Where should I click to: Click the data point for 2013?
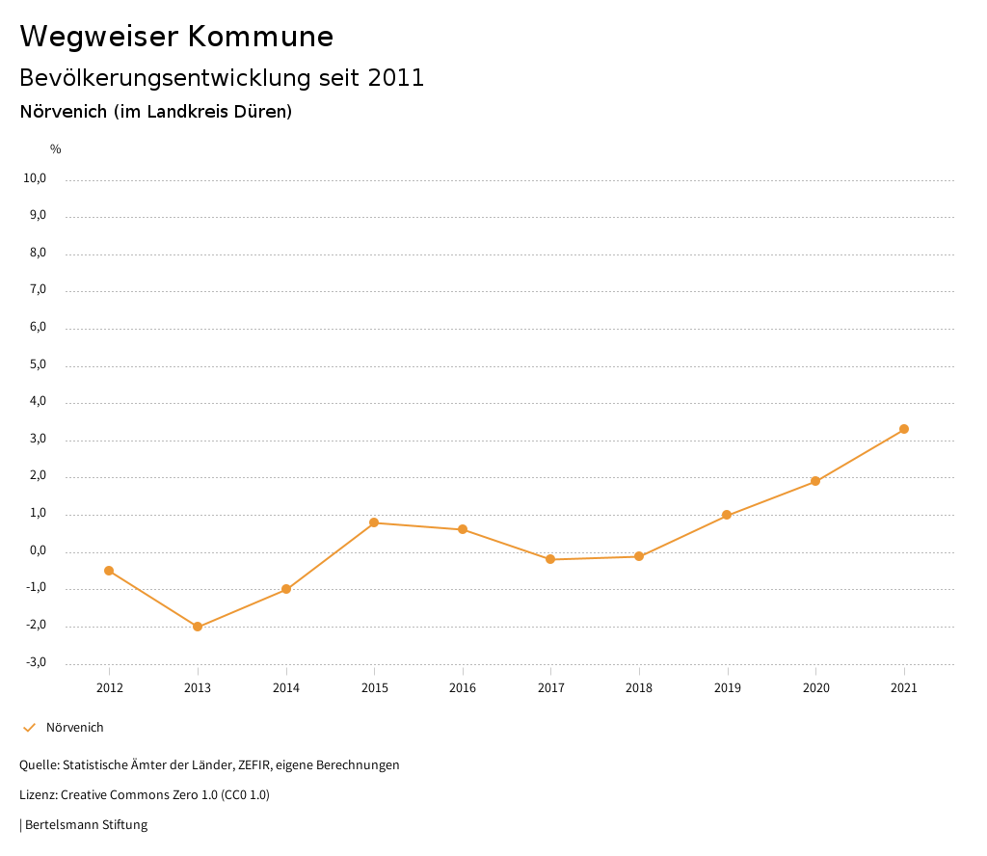click(x=198, y=627)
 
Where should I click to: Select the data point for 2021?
click(x=904, y=429)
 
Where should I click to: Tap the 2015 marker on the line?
click(x=374, y=522)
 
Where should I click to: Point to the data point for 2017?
click(x=550, y=559)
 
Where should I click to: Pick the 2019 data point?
click(x=727, y=515)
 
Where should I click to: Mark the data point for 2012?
click(x=109, y=571)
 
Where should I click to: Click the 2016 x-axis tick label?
click(x=463, y=688)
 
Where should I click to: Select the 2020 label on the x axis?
click(x=815, y=688)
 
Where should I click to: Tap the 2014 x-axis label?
click(x=286, y=688)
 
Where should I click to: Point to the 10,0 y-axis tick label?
click(x=35, y=178)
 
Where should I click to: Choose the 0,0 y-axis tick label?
click(x=37, y=550)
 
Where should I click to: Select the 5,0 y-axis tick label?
click(x=37, y=365)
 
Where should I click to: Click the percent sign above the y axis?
click(x=56, y=149)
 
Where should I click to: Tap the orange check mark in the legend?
click(x=29, y=728)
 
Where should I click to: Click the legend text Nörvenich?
click(x=75, y=728)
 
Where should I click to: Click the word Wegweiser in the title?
click(x=98, y=37)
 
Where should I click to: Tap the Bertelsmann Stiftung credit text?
click(x=86, y=825)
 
